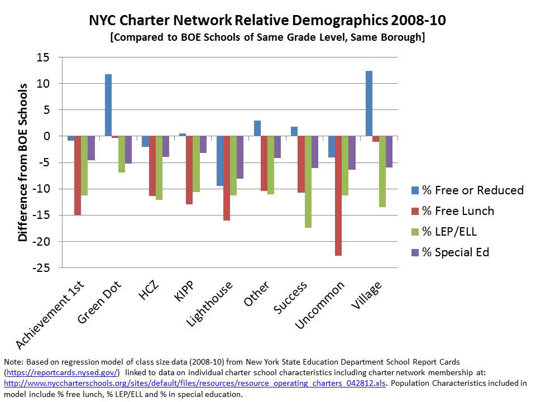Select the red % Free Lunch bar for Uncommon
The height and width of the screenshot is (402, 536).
click(338, 195)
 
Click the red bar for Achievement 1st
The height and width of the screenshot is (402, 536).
click(78, 175)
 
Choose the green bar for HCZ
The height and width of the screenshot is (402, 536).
click(159, 167)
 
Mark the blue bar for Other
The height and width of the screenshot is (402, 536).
click(257, 128)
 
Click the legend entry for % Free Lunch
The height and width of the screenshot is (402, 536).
click(457, 211)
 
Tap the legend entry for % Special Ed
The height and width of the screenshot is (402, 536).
click(455, 252)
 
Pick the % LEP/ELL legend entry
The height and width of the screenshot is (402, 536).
click(449, 232)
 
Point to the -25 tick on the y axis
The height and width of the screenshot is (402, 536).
click(42, 268)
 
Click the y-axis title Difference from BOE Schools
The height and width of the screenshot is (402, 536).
click(23, 162)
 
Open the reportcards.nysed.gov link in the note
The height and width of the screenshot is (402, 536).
click(62, 372)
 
